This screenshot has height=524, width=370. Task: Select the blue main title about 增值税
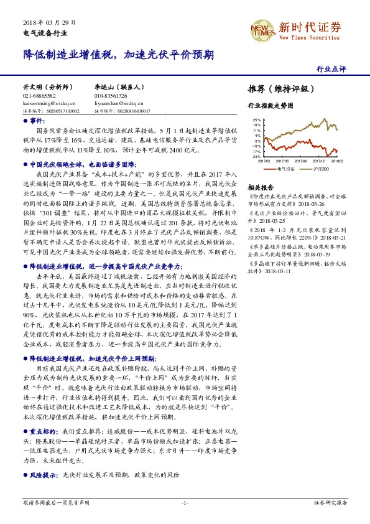[x=118, y=54]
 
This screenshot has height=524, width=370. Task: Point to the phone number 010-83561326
[x=111, y=96]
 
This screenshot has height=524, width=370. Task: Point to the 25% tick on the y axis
[x=256, y=119]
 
